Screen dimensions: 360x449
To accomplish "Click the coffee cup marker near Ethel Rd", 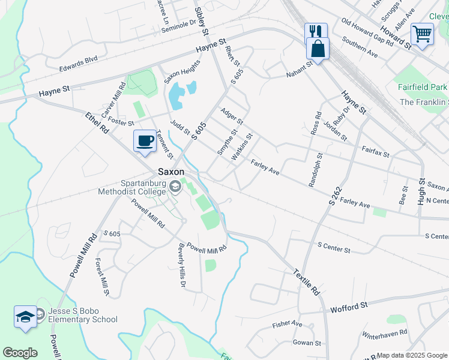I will click(x=144, y=142).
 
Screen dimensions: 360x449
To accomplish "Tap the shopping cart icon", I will click(x=423, y=34).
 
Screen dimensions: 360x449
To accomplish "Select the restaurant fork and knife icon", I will click(x=315, y=32).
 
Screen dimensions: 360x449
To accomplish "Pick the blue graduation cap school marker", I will click(x=25, y=316).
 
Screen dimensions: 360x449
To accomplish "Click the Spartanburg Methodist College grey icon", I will click(x=175, y=187).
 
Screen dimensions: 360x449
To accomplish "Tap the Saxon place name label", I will click(x=171, y=171).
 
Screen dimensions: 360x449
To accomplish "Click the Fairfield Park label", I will click(x=423, y=86).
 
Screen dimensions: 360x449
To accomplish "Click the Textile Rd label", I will click(x=307, y=281).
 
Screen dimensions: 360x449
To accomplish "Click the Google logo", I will click(x=20, y=353).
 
